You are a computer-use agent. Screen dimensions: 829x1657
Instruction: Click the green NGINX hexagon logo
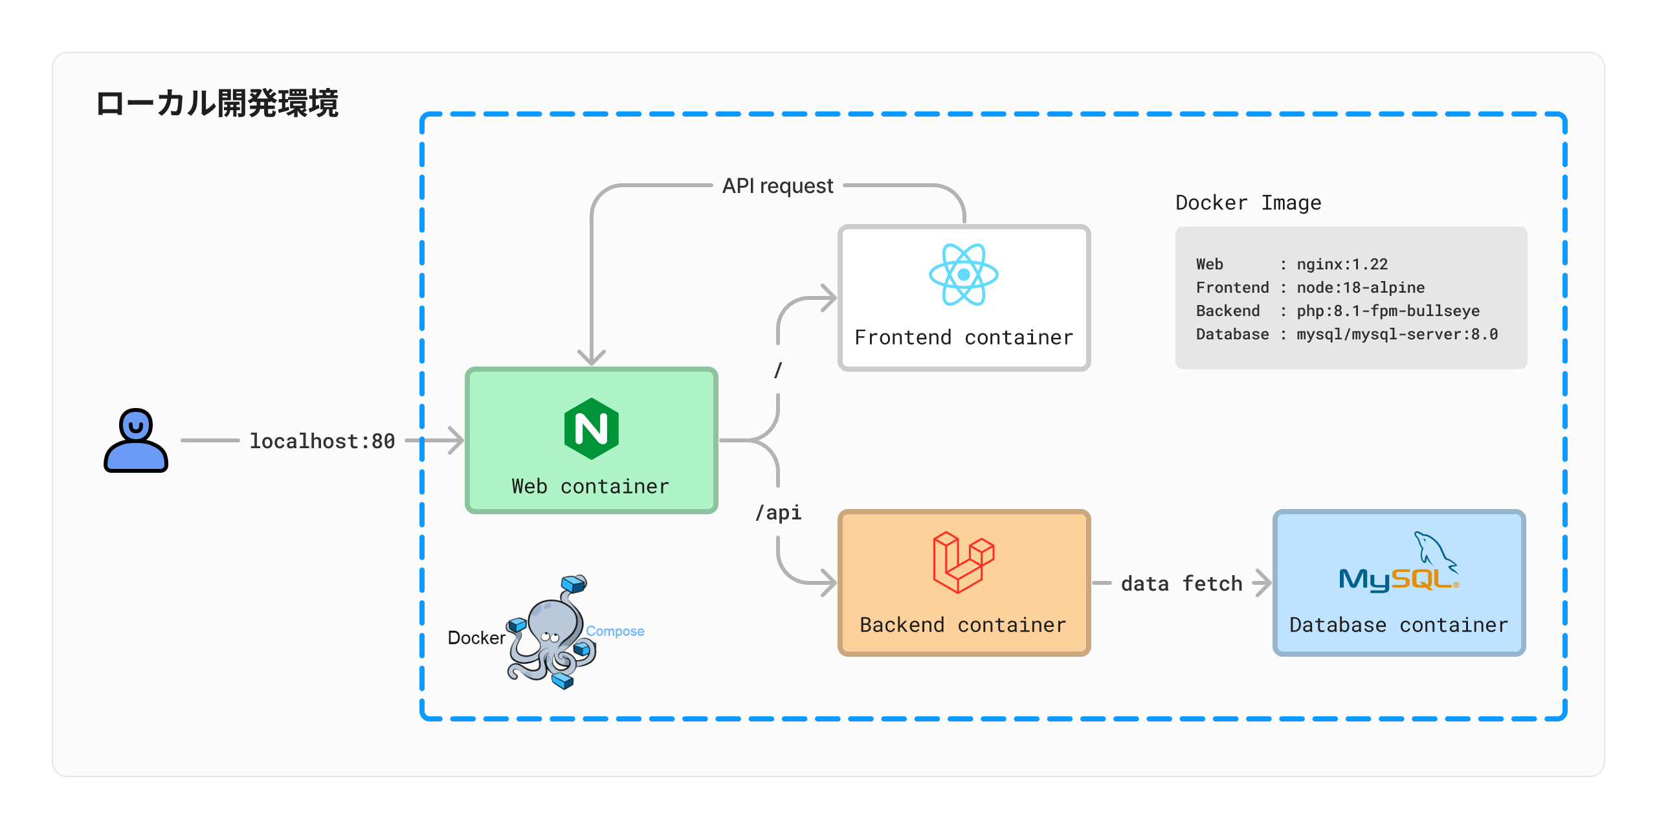point(591,429)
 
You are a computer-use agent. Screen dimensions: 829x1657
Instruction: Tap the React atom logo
point(963,275)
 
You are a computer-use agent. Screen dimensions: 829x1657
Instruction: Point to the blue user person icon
point(136,440)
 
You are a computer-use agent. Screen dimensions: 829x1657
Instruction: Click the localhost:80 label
point(322,441)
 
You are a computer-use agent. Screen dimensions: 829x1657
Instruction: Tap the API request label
point(777,186)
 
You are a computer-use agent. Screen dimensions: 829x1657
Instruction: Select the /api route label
point(778,512)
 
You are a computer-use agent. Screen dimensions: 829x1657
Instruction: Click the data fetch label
point(1181,584)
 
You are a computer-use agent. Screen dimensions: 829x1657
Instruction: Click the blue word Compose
point(615,631)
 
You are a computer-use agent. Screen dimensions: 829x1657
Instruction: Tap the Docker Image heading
point(1248,203)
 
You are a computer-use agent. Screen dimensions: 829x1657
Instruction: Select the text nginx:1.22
point(1342,264)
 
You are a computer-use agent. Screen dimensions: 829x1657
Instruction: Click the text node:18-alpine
point(1360,288)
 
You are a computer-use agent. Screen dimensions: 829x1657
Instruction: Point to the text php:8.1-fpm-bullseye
point(1388,311)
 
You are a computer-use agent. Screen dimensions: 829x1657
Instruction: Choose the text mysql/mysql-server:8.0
point(1397,334)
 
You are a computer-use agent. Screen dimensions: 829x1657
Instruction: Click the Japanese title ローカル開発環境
point(217,104)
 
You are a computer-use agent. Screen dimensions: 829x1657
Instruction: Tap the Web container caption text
point(590,486)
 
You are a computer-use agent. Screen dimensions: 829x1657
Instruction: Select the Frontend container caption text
point(963,337)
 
